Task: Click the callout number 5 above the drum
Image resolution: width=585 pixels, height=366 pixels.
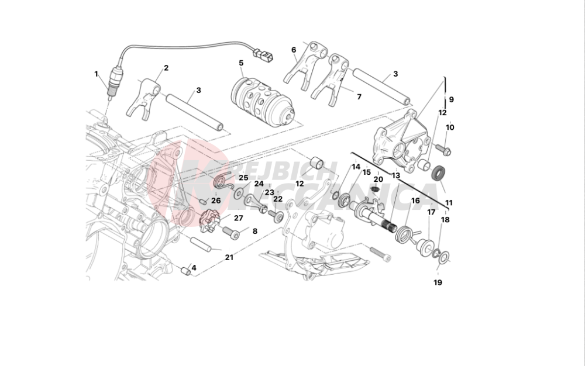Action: click(241, 63)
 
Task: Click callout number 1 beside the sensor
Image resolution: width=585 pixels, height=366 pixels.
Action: click(96, 74)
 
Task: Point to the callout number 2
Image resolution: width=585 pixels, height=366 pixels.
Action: click(166, 68)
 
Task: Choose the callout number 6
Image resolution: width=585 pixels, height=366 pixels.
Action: click(294, 50)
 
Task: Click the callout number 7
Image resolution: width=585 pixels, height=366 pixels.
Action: click(359, 96)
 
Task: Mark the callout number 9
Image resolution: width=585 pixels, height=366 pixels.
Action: click(451, 99)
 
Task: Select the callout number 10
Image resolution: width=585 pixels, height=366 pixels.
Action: click(450, 127)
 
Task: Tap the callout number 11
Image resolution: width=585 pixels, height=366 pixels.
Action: click(449, 203)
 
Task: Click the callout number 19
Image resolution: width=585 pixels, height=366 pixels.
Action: click(438, 283)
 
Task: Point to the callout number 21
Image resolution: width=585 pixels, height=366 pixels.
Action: click(229, 257)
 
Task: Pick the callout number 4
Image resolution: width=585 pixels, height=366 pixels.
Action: click(194, 268)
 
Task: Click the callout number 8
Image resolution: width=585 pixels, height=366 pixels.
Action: click(254, 231)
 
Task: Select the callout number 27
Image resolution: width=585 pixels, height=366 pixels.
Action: click(238, 218)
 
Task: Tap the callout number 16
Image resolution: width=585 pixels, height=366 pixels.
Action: click(415, 201)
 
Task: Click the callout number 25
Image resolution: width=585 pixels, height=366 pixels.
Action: click(243, 178)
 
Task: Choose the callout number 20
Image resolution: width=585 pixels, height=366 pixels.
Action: click(378, 179)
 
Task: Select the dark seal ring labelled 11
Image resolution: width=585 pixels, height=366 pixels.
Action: click(438, 173)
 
